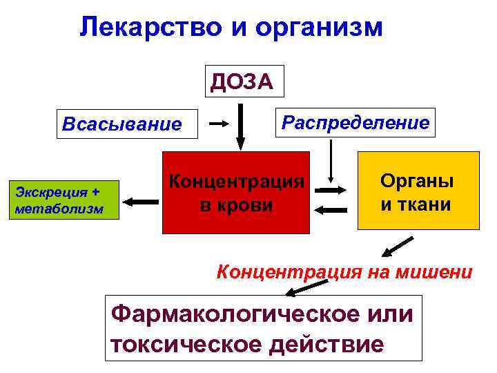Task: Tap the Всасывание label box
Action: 122,124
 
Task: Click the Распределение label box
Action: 355,122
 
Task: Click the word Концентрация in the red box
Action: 237,182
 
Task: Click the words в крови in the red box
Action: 237,206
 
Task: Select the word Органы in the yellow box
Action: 417,181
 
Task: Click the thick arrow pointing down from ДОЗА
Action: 240,126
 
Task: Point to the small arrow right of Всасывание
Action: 220,124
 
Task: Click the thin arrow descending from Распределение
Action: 333,160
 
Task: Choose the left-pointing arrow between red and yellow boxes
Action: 331,209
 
